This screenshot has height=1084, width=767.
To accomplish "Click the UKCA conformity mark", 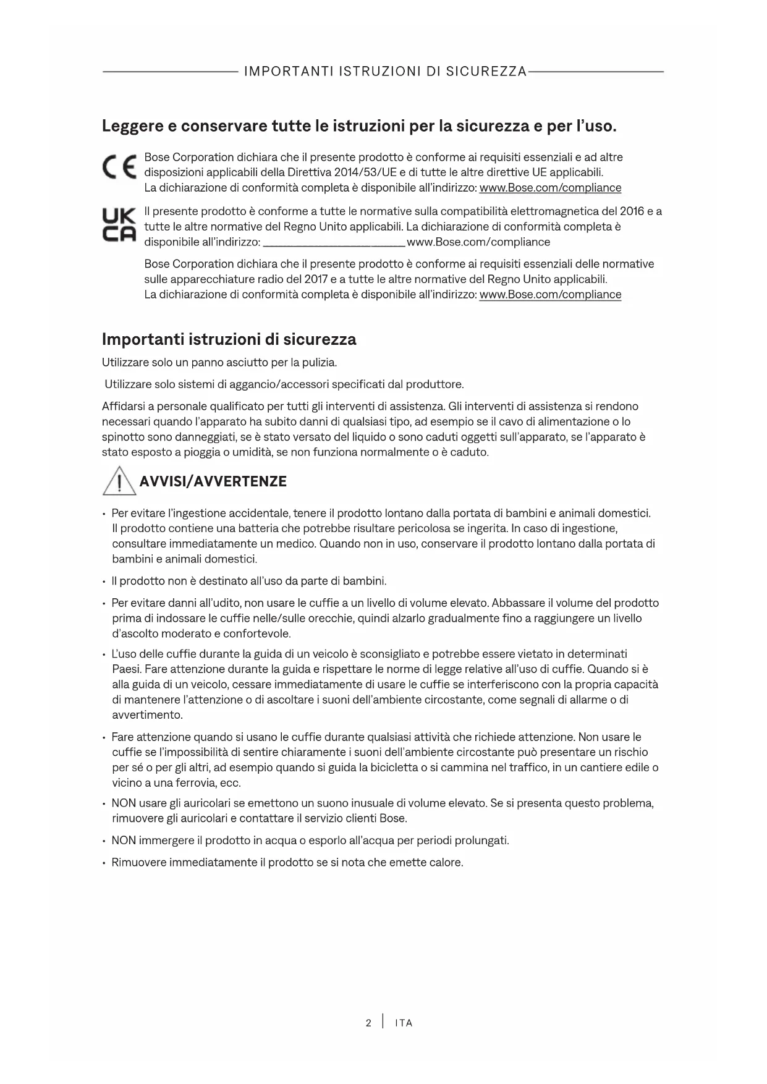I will tap(118, 226).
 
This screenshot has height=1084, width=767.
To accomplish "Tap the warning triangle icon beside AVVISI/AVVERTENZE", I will tap(119, 481).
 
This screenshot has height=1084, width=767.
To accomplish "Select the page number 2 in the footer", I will tap(368, 1023).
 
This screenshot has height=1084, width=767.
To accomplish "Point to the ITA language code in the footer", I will tap(404, 1023).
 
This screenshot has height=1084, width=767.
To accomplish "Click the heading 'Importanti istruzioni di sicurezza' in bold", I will tap(229, 339).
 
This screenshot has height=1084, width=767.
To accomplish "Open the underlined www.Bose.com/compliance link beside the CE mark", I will tap(550, 187).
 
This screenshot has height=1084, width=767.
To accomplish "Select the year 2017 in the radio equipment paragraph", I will tap(316, 279).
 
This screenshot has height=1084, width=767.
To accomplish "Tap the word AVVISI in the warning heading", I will tap(164, 481).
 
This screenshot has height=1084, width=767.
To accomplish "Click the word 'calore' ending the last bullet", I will tap(446, 862).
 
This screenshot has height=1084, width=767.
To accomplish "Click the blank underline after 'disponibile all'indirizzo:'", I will tap(334, 242).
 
